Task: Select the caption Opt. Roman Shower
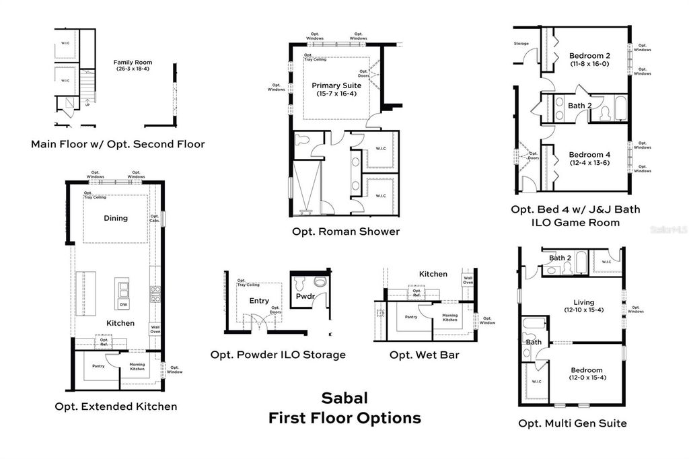pyautogui.click(x=346, y=232)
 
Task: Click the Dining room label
pyautogui.click(x=116, y=218)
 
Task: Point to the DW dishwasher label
pyautogui.click(x=123, y=305)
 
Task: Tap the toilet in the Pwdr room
pyautogui.click(x=318, y=282)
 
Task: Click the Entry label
pyautogui.click(x=259, y=301)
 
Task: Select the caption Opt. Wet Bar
pyautogui.click(x=425, y=354)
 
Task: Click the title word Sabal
pyautogui.click(x=344, y=398)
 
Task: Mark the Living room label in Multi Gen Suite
pyautogui.click(x=584, y=302)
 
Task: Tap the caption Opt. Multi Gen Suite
pyautogui.click(x=573, y=423)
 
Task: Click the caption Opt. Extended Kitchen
pyautogui.click(x=116, y=406)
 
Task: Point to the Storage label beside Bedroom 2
pyautogui.click(x=521, y=44)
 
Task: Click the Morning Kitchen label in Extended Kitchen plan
pyautogui.click(x=137, y=367)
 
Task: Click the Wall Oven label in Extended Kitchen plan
pyautogui.click(x=155, y=328)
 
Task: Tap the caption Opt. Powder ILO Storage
pyautogui.click(x=278, y=354)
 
